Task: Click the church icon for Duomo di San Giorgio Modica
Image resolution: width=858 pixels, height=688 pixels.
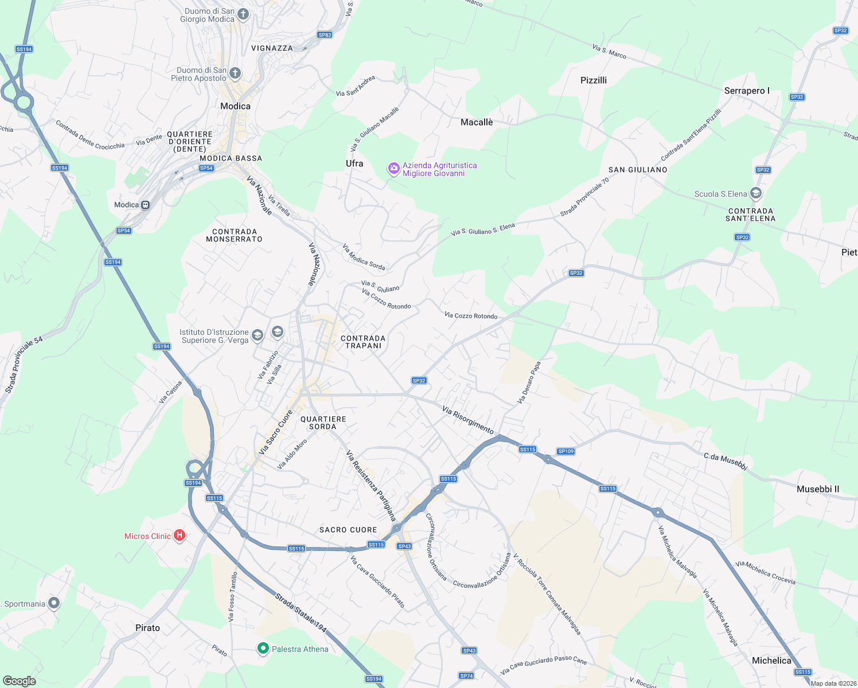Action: coord(243,14)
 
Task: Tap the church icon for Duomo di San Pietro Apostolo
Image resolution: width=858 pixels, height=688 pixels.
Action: coord(235,73)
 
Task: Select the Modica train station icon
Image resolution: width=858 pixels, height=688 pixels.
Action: coord(146,205)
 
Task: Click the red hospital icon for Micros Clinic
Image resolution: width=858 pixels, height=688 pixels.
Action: coord(179,535)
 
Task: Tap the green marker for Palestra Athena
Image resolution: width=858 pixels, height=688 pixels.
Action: coord(263,648)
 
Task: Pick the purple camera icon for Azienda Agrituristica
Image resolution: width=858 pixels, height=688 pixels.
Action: coord(393,169)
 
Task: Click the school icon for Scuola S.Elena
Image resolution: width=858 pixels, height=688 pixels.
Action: coord(756,193)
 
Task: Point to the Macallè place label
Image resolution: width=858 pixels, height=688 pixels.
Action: coord(477,122)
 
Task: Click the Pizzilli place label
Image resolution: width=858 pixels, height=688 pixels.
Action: coord(594,80)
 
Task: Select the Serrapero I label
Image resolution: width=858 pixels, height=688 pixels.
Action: coord(747,91)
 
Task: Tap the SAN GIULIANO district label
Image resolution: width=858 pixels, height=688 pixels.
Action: coord(638,170)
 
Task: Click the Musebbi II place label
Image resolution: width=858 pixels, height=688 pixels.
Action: coord(818,489)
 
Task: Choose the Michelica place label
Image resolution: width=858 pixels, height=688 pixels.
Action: coord(771,660)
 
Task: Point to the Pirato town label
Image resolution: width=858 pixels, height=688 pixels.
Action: coord(147,628)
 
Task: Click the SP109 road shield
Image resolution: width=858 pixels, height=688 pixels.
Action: coord(565,451)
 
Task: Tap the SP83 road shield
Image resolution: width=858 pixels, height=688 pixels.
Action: coord(325,35)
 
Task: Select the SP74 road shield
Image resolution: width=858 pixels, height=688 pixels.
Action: coord(466,676)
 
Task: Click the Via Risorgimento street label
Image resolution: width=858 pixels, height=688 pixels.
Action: coord(468,420)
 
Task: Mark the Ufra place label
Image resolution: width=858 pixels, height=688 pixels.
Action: coord(354,163)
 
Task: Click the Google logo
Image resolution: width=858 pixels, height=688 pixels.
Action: coord(19,681)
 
